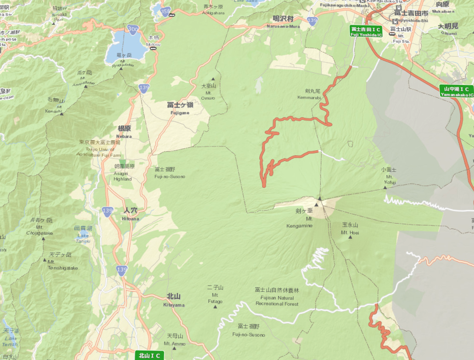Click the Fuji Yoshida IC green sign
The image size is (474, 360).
(x=366, y=31)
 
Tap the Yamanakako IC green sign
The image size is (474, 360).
(x=457, y=92)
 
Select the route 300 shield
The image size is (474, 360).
(x=133, y=29)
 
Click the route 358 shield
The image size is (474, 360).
(x=166, y=11)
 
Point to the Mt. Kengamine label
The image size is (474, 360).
(x=300, y=218)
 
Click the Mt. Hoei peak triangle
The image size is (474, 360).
(x=350, y=237)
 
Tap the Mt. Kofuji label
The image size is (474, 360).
(x=389, y=176)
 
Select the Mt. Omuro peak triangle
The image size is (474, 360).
(x=213, y=79)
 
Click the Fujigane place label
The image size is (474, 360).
(x=180, y=108)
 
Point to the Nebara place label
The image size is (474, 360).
(x=124, y=132)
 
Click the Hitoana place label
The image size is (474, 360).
(x=130, y=214)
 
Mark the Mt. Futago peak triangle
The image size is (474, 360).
(x=215, y=306)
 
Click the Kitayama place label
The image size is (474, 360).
(x=174, y=300)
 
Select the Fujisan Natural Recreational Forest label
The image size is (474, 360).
(x=277, y=297)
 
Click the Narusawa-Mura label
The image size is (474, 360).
(x=283, y=22)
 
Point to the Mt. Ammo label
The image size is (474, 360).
(x=175, y=340)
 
